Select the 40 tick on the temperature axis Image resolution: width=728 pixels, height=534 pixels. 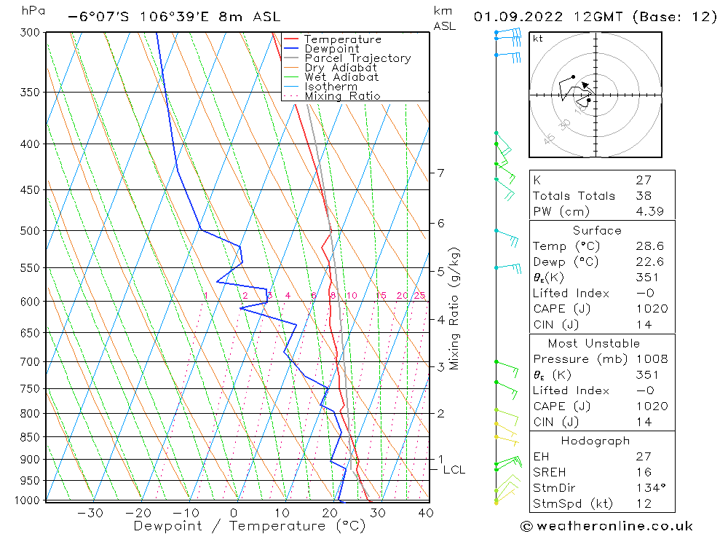(x=426, y=512)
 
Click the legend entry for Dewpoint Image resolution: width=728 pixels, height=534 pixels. (x=332, y=49)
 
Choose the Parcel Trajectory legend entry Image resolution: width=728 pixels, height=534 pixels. (x=357, y=58)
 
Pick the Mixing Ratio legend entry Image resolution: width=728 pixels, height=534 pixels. (x=342, y=95)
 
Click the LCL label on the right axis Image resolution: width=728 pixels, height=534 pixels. (x=454, y=470)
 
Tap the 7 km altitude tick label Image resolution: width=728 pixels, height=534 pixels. (x=440, y=173)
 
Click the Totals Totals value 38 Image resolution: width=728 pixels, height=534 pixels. (x=644, y=195)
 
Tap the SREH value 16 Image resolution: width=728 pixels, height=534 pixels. (x=644, y=472)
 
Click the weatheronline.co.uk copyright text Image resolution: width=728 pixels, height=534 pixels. (x=606, y=526)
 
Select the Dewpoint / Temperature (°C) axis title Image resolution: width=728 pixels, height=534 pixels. (x=249, y=525)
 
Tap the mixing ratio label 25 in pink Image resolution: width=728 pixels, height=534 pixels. (x=419, y=295)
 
